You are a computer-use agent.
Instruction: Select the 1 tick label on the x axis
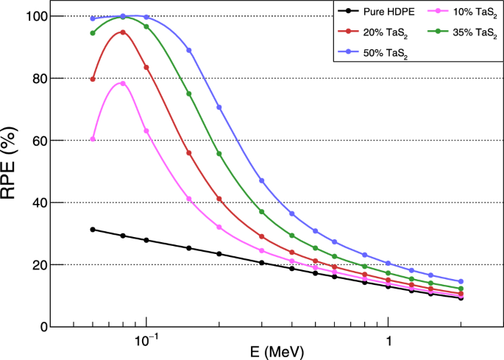pos(388,340)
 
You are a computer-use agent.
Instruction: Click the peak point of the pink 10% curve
pos(123,83)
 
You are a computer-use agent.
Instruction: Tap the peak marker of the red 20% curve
pos(123,32)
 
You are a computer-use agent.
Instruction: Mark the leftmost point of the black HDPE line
pos(93,230)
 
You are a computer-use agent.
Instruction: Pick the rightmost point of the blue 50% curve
pos(461,281)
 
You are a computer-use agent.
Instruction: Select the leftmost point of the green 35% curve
pos(93,33)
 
